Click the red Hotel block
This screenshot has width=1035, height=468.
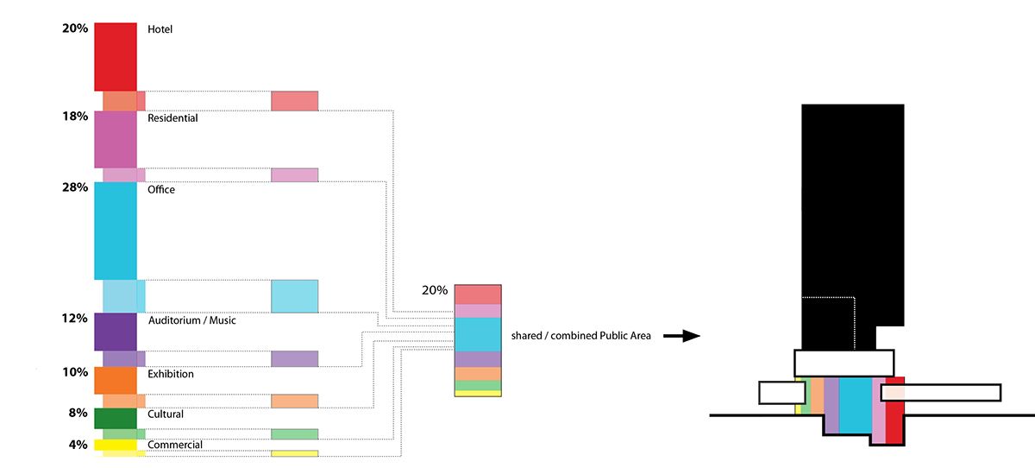click(116, 55)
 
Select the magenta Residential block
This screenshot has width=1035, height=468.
click(116, 138)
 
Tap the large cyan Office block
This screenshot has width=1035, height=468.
click(116, 230)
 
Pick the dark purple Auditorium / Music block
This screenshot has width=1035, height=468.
click(116, 331)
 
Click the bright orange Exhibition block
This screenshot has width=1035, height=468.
click(116, 380)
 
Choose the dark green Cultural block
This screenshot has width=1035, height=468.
click(116, 418)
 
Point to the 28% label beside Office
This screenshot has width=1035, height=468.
click(75, 187)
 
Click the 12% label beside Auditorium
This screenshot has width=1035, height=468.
click(75, 319)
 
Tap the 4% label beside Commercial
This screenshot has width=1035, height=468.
click(78, 446)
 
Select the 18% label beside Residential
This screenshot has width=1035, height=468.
click(75, 116)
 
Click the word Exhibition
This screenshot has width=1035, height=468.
click(171, 375)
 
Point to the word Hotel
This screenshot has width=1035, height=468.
click(160, 29)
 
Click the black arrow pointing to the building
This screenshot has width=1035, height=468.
click(685, 336)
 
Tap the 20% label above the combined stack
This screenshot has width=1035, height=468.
click(434, 290)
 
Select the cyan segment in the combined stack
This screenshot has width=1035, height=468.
click(478, 334)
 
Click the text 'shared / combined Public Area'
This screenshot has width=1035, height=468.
click(580, 335)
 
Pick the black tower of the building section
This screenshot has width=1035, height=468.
click(851, 216)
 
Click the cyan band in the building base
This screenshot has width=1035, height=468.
click(855, 406)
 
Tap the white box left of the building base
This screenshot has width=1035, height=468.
click(781, 393)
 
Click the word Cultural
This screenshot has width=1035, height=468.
click(166, 414)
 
